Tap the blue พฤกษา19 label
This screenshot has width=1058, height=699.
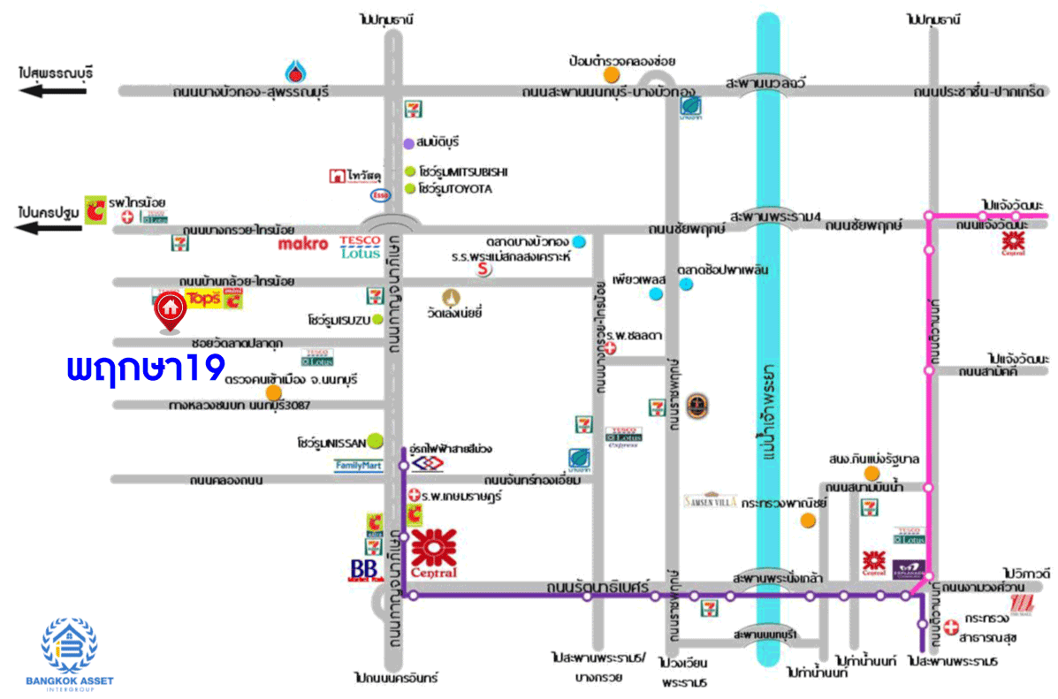[x=146, y=368]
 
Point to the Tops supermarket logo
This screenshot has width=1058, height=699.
[x=202, y=299]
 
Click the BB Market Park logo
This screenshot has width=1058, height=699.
[x=364, y=570]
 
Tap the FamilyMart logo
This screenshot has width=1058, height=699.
[x=357, y=465]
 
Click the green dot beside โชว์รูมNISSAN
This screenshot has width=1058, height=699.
[x=375, y=439]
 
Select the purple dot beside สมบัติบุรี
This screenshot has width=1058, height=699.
[x=408, y=143]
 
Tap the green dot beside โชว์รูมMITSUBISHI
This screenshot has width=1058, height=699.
[x=409, y=171]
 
